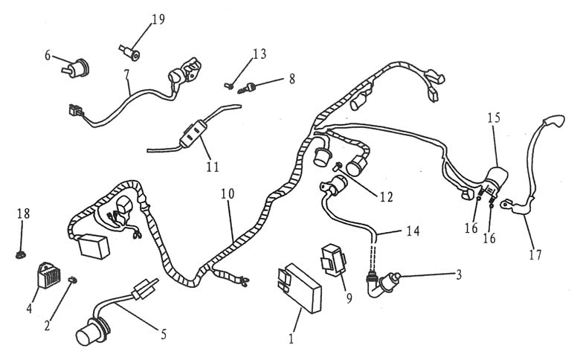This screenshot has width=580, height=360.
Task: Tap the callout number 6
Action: [48, 56]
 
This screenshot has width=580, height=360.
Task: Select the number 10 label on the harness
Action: [228, 193]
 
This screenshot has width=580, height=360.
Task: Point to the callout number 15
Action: [494, 118]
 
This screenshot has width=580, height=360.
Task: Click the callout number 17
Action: [535, 254]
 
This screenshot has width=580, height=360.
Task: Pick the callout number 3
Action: [459, 274]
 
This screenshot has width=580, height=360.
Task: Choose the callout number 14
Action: [413, 232]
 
